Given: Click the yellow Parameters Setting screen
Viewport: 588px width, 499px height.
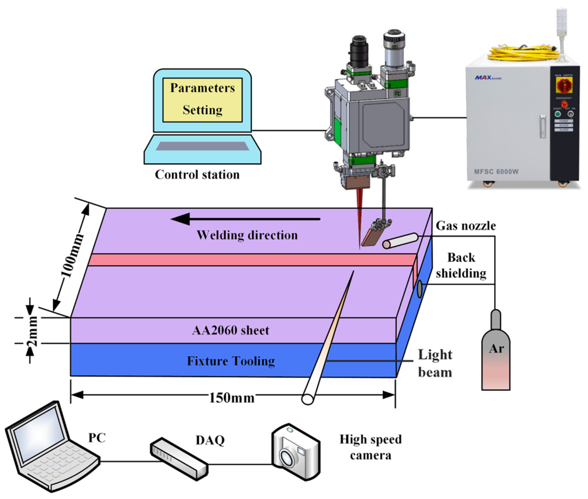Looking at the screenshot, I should point(202,100).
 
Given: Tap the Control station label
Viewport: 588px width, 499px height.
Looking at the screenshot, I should point(197,174).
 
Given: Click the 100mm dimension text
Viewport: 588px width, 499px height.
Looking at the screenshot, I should point(72,256).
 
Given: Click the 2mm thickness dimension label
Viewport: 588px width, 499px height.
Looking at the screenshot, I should point(32,331).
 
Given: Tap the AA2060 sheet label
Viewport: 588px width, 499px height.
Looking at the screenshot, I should point(230,330).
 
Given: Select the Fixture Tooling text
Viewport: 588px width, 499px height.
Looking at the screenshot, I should point(230,361).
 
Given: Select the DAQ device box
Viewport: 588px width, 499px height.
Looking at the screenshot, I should point(179,458).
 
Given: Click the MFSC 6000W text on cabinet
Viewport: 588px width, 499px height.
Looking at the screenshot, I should point(496,171).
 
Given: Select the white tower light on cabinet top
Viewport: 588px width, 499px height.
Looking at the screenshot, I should point(562,31).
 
